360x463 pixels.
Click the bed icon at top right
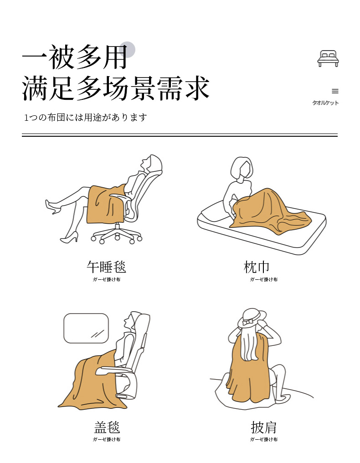[328, 58]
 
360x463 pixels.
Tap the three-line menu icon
[335, 91]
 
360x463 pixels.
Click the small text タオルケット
[325, 103]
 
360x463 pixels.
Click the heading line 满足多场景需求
[116, 88]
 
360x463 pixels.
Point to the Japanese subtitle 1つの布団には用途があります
[85, 118]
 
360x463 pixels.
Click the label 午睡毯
[106, 267]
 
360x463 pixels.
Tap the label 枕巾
[257, 267]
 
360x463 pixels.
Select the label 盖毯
[107, 427]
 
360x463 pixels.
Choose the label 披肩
[264, 427]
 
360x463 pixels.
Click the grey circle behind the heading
[127, 50]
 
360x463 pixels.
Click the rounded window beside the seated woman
[86, 328]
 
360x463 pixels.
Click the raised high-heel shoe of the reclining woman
[52, 207]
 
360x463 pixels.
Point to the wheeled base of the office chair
[117, 235]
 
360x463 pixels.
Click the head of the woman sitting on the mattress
[242, 168]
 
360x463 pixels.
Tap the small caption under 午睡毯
[107, 279]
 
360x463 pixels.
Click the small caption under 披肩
[264, 439]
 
